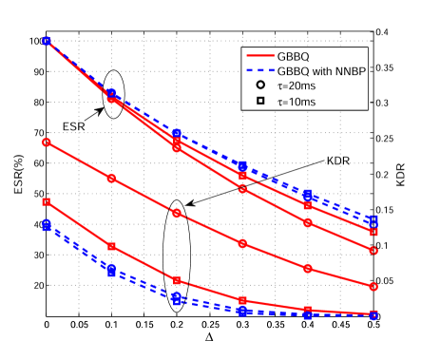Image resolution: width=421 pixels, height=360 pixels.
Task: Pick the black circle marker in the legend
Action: coord(261,85)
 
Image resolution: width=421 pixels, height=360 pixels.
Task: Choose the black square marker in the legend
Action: coord(261,99)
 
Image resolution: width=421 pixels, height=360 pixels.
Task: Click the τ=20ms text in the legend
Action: coord(299,85)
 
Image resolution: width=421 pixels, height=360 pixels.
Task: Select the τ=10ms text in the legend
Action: coord(299,99)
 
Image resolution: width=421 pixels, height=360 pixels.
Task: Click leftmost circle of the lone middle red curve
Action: coord(46,142)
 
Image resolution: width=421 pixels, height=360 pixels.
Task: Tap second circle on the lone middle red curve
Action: coord(111,178)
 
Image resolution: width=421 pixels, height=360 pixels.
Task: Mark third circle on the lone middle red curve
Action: coord(177,213)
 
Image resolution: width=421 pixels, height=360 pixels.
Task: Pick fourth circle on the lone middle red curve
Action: coord(242,243)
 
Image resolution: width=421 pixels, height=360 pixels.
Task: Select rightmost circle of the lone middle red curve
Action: coord(373,286)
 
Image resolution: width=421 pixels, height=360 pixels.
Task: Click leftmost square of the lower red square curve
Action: coord(46,202)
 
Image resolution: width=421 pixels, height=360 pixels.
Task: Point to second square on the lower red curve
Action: coord(111,246)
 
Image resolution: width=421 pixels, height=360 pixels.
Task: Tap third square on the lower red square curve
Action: coord(177,280)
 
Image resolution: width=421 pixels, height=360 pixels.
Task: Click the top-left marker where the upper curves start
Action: coord(46,41)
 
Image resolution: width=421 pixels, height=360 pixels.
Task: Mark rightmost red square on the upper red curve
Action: coord(373,232)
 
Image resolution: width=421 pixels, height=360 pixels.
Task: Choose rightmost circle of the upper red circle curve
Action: coord(373,251)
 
